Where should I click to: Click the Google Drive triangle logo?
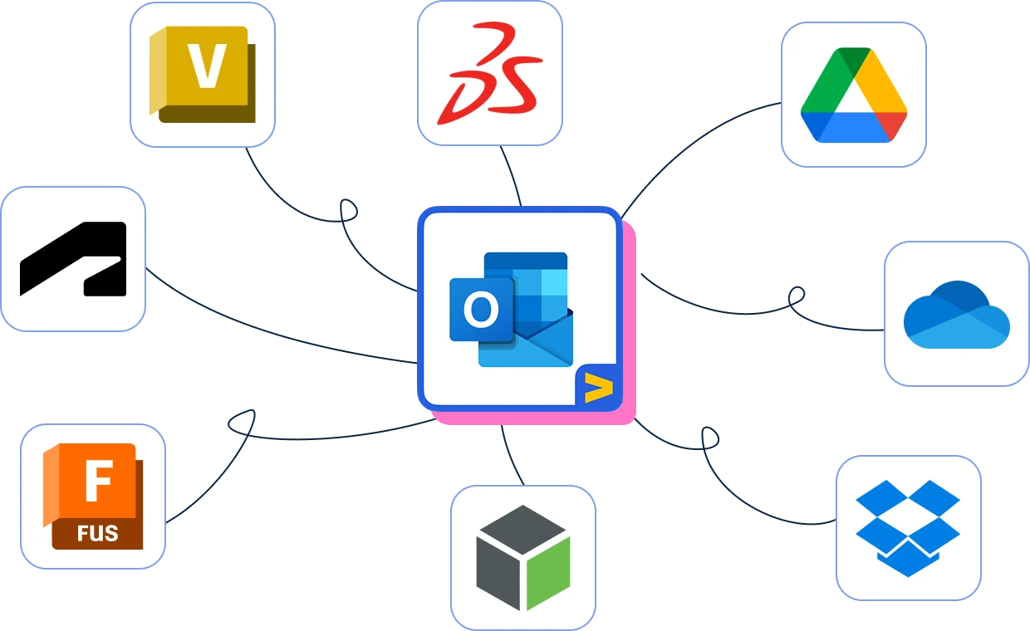coord(853,95)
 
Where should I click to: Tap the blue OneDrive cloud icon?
coord(956,315)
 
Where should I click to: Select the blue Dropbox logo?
coord(908,528)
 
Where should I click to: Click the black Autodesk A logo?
coord(73,258)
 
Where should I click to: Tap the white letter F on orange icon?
coord(98,482)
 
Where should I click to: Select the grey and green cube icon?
coord(522,557)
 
